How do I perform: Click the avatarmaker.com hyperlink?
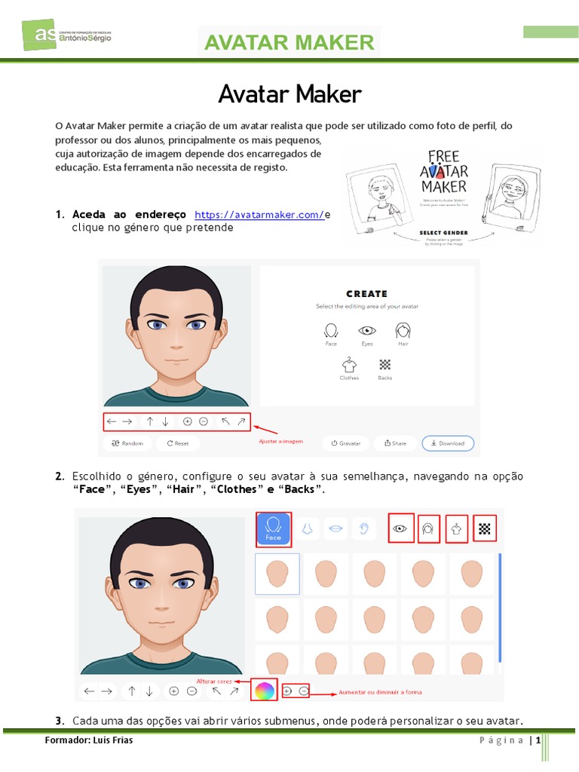point(259,215)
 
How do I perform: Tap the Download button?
point(448,443)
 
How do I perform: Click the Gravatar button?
point(346,443)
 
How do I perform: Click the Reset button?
point(178,443)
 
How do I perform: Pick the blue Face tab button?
point(273,528)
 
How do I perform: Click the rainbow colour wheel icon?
point(263,690)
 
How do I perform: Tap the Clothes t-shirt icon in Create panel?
point(348,366)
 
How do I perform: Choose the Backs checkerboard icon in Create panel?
point(384,366)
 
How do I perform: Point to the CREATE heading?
point(367,294)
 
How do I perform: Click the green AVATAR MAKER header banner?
point(289,42)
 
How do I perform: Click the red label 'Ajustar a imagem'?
point(280,441)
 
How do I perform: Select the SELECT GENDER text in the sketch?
point(443,233)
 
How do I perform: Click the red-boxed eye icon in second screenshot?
point(400,528)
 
